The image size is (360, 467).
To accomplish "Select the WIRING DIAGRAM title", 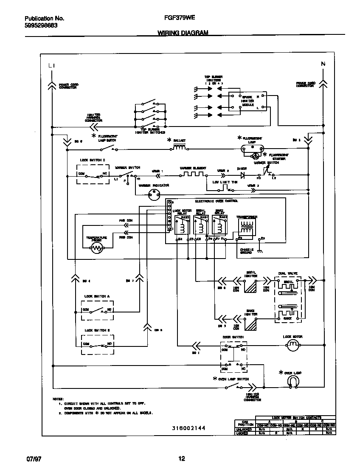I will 183,33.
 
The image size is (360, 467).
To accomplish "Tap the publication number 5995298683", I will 41,25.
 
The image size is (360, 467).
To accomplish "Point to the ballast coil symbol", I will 179,148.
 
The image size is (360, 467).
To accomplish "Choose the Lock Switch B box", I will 98,343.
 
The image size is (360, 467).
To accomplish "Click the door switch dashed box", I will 234,356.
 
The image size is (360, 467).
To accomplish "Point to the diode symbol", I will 243,174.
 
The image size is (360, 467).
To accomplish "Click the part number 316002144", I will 183,428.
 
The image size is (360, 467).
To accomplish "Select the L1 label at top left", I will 51,65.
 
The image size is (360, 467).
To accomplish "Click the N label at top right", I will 323,64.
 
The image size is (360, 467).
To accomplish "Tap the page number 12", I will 181,458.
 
